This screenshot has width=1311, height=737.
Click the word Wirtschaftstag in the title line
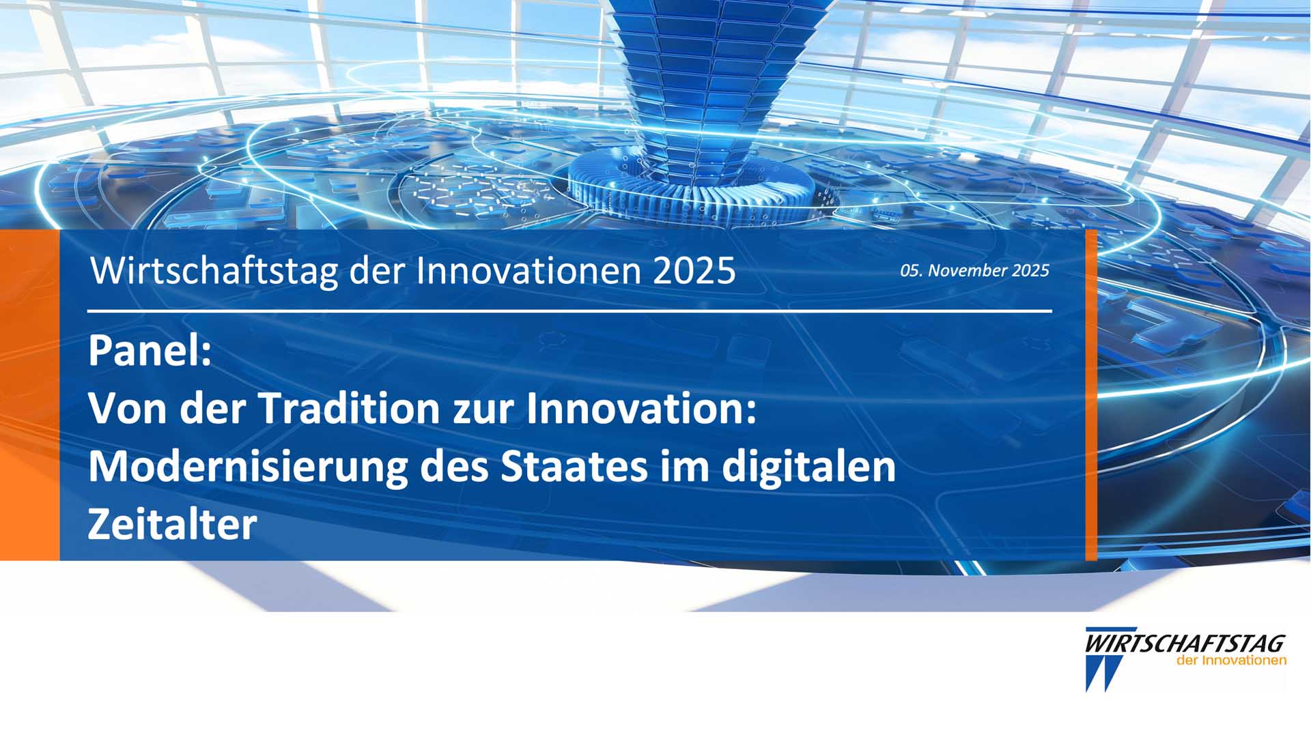click(x=214, y=271)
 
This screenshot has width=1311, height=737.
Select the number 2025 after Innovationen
click(x=694, y=271)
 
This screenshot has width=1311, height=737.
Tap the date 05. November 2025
click(x=974, y=270)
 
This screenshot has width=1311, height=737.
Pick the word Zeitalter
click(x=172, y=525)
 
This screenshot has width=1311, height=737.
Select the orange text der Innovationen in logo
click(x=1231, y=661)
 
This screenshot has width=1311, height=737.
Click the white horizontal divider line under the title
click(x=569, y=311)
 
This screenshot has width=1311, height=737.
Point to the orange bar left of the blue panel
click(x=29, y=395)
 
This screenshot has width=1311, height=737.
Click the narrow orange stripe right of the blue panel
click(x=1091, y=395)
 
